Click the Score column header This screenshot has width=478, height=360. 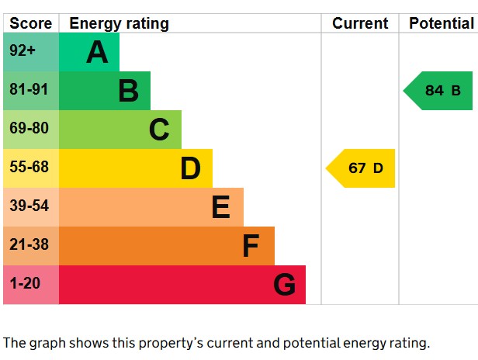point(31,23)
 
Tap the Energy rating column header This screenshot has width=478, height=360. point(119,23)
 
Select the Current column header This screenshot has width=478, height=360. point(360,23)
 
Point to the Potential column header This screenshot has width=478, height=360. point(441,23)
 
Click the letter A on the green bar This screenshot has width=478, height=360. point(97,52)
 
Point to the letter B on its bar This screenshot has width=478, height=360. point(128,91)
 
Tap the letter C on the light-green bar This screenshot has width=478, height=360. point(159,130)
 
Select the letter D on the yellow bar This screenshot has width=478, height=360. point(190,168)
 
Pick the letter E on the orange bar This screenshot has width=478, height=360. point(221,207)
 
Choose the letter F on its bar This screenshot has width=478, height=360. point(250,246)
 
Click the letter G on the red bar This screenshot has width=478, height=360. point(284,285)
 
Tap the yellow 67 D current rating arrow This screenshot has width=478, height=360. point(362,168)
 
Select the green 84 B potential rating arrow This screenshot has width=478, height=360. point(439,91)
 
